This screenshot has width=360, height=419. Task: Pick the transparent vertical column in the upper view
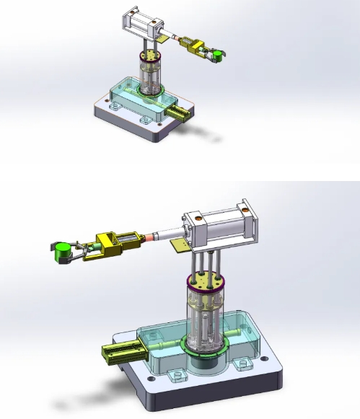(150, 76)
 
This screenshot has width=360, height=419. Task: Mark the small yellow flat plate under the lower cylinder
(180, 248)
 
